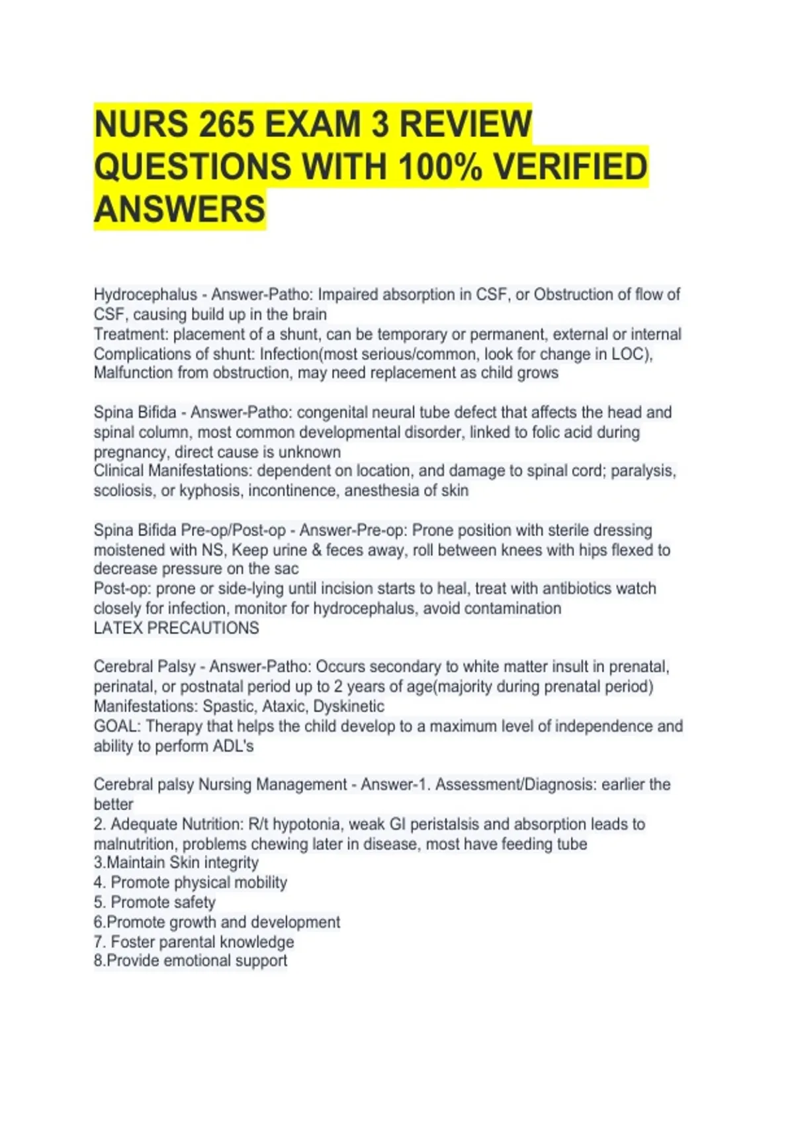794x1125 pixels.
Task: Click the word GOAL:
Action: [117, 726]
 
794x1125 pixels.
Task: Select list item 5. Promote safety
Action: [155, 902]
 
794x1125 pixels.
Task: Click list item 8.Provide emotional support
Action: [191, 960]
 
